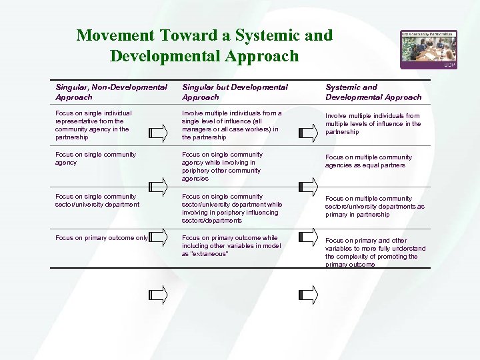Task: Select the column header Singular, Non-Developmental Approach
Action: (x=111, y=92)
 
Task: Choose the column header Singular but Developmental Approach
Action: (x=235, y=92)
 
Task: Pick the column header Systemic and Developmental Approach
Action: (x=373, y=92)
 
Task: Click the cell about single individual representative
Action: (x=94, y=125)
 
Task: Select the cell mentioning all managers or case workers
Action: (x=231, y=125)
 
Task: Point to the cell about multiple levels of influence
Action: (x=373, y=123)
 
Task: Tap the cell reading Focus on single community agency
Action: (x=95, y=159)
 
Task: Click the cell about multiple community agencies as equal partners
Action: (x=368, y=161)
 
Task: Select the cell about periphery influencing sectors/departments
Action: (x=231, y=208)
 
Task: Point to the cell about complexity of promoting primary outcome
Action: (x=375, y=252)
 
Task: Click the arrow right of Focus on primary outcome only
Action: (x=158, y=237)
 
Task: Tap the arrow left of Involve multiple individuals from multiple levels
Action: (x=308, y=131)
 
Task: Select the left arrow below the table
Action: (x=158, y=293)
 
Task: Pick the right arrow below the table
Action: (x=308, y=293)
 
